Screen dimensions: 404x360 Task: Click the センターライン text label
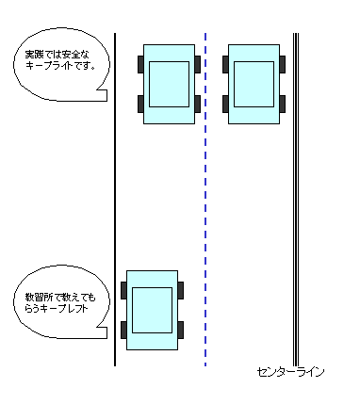pyautogui.click(x=290, y=373)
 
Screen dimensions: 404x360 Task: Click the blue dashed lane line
pyautogui.click(x=205, y=188)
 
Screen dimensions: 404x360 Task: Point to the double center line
pyautogui.click(x=296, y=188)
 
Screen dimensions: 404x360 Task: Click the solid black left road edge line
pyautogui.click(x=115, y=188)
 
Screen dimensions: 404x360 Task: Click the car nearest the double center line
pyautogui.click(x=254, y=84)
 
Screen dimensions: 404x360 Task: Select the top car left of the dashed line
pyautogui.click(x=170, y=84)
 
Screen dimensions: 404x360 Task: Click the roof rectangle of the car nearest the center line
pyautogui.click(x=254, y=84)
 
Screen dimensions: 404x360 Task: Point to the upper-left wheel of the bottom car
pyautogui.click(x=123, y=290)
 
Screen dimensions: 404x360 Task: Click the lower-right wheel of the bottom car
pyautogui.click(x=181, y=331)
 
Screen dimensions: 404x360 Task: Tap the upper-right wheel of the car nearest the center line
pyautogui.click(x=283, y=64)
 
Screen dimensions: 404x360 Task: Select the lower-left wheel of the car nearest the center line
pyautogui.click(x=225, y=103)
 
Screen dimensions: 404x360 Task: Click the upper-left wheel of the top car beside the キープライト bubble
pyautogui.click(x=140, y=64)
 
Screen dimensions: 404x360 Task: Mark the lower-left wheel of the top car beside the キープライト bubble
pyautogui.click(x=140, y=103)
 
